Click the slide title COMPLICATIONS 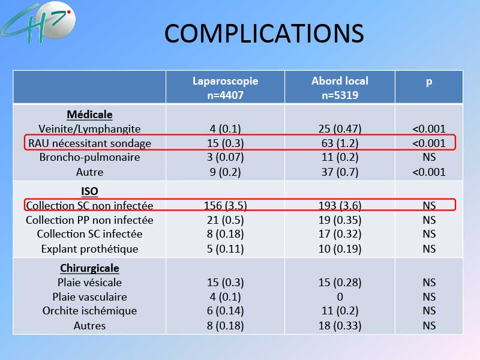point(264,34)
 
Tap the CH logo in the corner point(38,23)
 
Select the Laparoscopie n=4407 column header point(226,88)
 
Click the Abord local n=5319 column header point(340,88)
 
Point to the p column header point(429,82)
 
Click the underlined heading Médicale point(89,115)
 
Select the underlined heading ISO point(89,191)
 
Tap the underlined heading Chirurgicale point(89,268)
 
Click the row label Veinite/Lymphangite point(89,129)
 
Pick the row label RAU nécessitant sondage point(89,143)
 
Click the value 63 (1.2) point(340,143)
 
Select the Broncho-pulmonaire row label point(89,157)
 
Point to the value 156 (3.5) point(226,205)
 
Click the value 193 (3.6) point(340,205)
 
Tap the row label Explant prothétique point(89,249)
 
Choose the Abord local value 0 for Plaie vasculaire point(340,296)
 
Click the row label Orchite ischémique point(89,311)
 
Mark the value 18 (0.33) point(340,325)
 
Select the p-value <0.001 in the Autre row point(429,172)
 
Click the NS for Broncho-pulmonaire point(429,157)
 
